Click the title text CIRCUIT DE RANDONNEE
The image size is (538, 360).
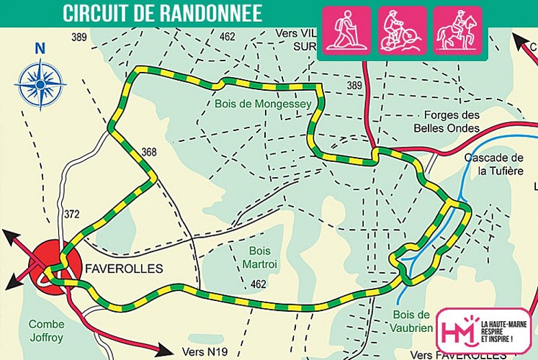(x=162, y=13)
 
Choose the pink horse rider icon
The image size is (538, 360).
(x=457, y=30)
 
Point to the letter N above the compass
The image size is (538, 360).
(x=40, y=50)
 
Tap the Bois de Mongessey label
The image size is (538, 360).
(x=262, y=104)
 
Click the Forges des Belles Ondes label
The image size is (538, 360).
(x=452, y=122)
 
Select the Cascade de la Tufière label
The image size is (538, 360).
(x=493, y=164)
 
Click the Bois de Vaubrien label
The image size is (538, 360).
(x=413, y=321)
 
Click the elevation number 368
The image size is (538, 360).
(x=149, y=152)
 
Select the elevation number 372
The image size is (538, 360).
(x=71, y=213)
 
